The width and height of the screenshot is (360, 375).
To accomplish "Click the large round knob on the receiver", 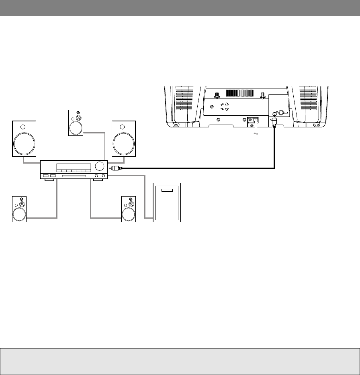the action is click(x=101, y=167).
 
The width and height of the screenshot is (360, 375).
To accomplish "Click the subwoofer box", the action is click(x=167, y=202).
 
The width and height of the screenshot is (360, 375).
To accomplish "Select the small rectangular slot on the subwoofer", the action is click(x=167, y=191).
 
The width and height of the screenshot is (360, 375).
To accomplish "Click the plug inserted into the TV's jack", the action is click(x=274, y=121).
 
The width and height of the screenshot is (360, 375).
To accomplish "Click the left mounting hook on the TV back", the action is click(x=216, y=95).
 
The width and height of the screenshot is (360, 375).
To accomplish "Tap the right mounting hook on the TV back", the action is click(x=262, y=95).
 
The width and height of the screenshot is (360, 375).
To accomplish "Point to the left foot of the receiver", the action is click(x=50, y=180).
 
